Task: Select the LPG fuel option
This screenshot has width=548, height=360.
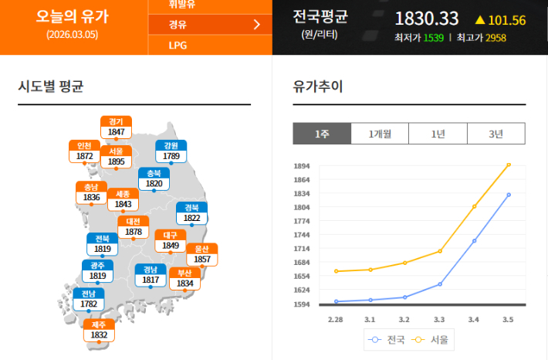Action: (x=178, y=46)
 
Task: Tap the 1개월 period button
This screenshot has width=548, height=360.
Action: (x=380, y=134)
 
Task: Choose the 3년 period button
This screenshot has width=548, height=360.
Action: (x=496, y=134)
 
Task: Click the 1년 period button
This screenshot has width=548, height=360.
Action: (x=438, y=134)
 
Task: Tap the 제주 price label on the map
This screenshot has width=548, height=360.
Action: (x=99, y=331)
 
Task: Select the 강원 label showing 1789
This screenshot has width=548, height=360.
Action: (x=171, y=151)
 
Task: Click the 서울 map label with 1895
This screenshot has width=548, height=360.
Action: (x=117, y=156)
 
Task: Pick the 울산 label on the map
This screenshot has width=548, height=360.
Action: (x=202, y=254)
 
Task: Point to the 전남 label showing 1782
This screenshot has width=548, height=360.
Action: (x=89, y=299)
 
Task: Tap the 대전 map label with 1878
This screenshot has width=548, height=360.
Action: (x=134, y=226)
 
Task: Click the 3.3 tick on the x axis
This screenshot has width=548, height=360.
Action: (x=439, y=319)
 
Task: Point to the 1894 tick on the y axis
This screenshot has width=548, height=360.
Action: (x=301, y=166)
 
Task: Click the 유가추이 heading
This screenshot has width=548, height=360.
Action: (x=318, y=86)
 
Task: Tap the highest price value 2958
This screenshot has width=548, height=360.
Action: (x=496, y=37)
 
